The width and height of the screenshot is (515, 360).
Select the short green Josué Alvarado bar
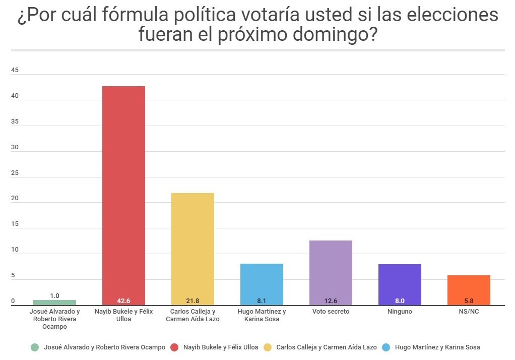54,303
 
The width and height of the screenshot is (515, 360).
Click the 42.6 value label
123,301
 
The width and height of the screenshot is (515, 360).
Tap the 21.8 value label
192,301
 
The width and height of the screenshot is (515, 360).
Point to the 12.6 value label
331,301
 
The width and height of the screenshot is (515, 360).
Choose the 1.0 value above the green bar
54,295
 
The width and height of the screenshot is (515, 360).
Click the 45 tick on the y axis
15,70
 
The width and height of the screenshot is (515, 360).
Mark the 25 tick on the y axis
15,173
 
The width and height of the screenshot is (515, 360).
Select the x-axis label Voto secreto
331,312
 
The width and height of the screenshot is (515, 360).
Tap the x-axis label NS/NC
469,312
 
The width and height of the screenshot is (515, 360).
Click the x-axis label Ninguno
400,312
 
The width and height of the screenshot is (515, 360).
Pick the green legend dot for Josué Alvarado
34,347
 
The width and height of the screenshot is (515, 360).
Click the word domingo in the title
327,35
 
